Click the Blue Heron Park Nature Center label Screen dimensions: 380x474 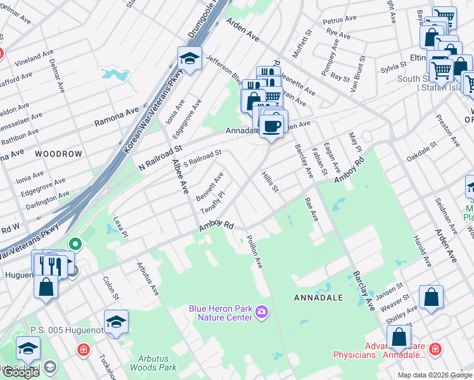pyautogui.click(x=221, y=312)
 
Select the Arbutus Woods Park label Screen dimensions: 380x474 pyautogui.click(x=153, y=363)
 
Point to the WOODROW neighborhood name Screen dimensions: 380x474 pyautogui.click(x=58, y=154)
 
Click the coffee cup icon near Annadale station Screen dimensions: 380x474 pyautogui.click(x=273, y=125)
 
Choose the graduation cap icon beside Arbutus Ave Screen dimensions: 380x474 pyautogui.click(x=116, y=322)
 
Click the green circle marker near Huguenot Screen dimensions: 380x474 pyautogui.click(x=75, y=243)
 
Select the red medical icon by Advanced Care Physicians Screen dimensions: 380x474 pyautogui.click(x=435, y=349)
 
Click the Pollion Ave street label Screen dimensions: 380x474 pyautogui.click(x=254, y=251)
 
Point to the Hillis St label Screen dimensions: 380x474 pyautogui.click(x=270, y=184)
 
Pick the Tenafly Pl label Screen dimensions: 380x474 pyautogui.click(x=212, y=201)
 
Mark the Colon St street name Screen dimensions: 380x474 pyautogui.click(x=109, y=287)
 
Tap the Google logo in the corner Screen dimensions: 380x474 pyautogui.click(x=21, y=372)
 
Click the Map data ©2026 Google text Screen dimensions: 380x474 pyautogui.click(x=434, y=375)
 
